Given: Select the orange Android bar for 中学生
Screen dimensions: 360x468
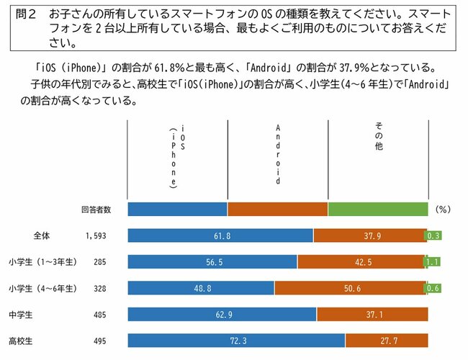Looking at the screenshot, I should (372, 314).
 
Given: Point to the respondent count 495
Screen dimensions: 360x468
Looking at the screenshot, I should (99, 340).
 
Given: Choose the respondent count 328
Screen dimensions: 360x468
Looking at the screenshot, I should (99, 288).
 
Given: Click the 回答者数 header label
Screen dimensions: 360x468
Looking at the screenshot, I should (96, 210).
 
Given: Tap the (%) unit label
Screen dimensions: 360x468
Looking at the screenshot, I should (443, 210).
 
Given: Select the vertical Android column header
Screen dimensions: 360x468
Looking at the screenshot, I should (278, 155).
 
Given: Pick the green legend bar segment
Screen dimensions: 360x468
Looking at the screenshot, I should (378, 210).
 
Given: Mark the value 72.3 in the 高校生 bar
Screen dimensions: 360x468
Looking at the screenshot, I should (236, 340).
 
